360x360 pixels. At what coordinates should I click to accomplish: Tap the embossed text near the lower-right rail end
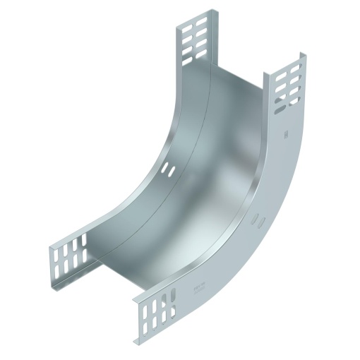coord(198,287)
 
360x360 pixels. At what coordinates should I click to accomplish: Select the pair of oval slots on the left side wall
coord(167,170)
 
